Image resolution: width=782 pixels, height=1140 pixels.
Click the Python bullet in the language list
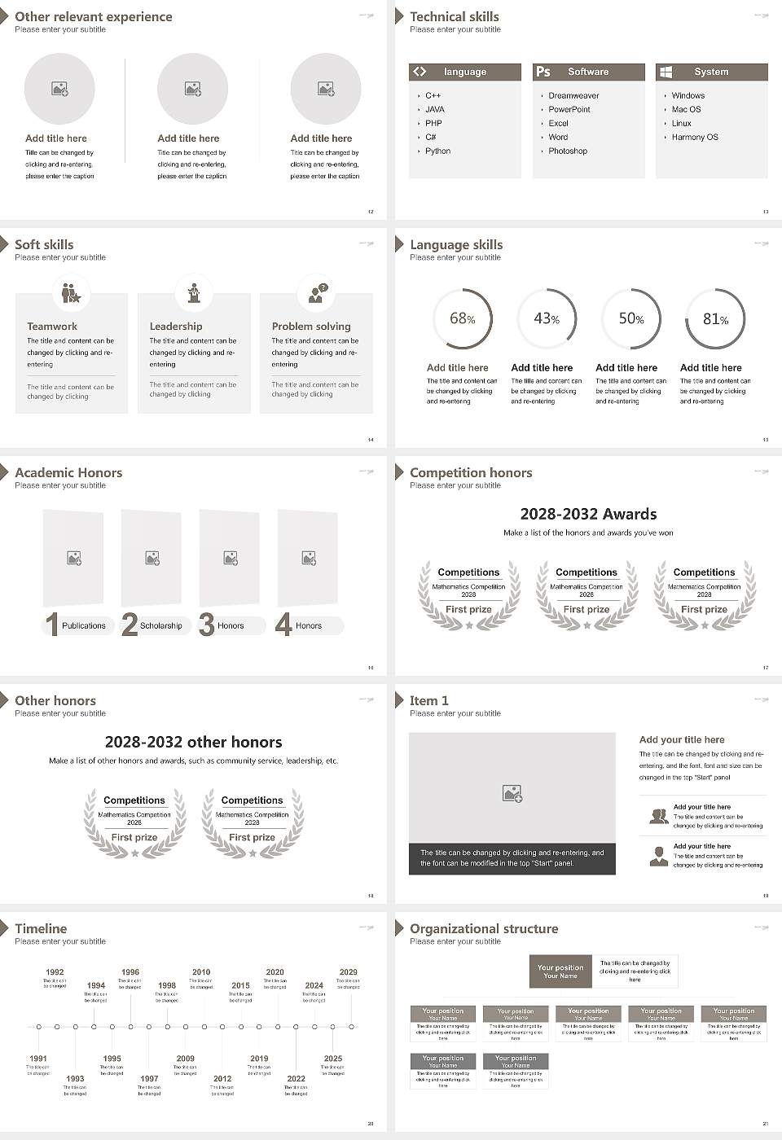point(437,151)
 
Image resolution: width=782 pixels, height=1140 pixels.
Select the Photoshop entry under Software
point(567,151)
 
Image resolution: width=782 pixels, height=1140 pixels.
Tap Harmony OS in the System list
point(694,138)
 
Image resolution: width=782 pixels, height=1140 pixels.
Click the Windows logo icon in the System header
point(666,72)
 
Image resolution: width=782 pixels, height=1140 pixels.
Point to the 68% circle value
point(462,318)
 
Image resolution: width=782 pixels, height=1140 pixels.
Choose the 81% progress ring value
point(715,319)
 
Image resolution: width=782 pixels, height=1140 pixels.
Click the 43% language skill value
point(547,318)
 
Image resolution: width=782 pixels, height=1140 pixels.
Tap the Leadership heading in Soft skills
point(176,327)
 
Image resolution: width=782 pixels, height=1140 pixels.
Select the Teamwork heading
point(52,327)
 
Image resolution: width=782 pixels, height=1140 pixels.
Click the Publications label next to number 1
point(83,626)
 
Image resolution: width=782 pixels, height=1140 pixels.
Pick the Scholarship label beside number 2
point(160,626)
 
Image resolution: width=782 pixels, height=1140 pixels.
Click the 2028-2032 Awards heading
point(588,514)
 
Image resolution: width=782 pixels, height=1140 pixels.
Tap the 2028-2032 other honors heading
point(193,742)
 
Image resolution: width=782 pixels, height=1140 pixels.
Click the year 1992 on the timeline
point(55,972)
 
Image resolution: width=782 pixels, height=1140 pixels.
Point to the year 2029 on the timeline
point(348,972)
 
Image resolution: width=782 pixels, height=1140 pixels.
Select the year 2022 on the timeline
point(296,1079)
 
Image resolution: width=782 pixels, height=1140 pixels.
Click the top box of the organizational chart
point(560,971)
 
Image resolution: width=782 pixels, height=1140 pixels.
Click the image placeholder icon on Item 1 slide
point(512,793)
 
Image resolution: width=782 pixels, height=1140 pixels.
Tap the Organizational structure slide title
point(484,929)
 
